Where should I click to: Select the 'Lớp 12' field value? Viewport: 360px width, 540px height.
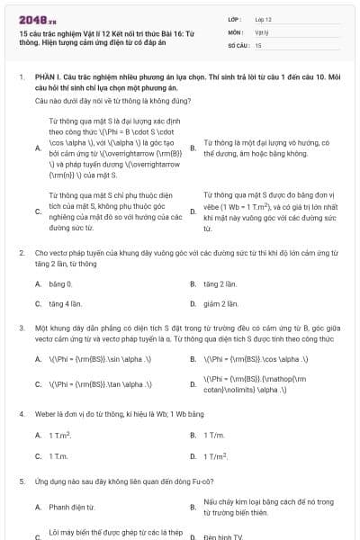pos(264,19)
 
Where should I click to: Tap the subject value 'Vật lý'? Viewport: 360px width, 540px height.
pos(262,31)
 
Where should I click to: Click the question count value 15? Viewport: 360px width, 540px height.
pos(258,44)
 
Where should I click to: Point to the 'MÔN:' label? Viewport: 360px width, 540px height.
pos(236,31)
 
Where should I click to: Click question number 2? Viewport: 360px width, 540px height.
pos(21,255)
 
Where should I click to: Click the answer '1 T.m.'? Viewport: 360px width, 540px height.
pos(58,456)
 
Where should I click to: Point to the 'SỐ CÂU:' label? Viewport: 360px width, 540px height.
pos(238,44)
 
